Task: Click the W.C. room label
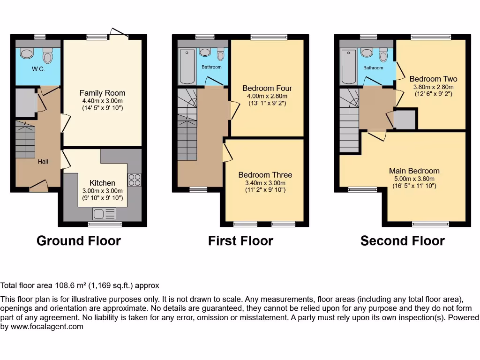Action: tap(38, 69)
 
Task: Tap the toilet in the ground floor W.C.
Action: tap(47, 55)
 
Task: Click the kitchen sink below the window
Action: tap(104, 214)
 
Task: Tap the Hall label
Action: tap(43, 162)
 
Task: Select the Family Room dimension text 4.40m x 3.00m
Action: tap(102, 101)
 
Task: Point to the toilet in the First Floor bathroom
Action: tap(220, 55)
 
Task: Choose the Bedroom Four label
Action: tap(267, 88)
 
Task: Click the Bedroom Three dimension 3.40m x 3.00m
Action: tap(265, 183)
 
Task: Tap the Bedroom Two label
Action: tap(433, 79)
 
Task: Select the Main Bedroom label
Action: tap(414, 171)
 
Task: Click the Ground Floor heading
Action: tap(79, 241)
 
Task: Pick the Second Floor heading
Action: tap(402, 241)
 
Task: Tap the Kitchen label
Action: tap(103, 183)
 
